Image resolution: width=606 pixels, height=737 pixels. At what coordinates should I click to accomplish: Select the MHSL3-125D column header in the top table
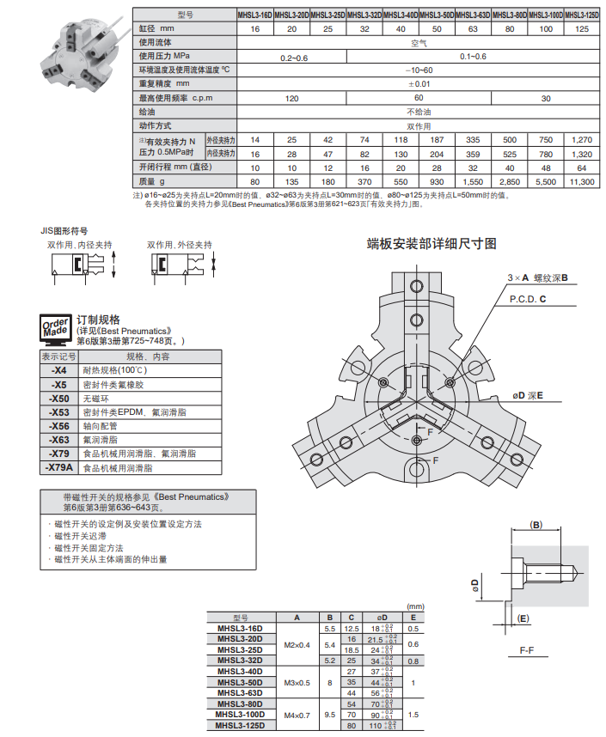(582, 15)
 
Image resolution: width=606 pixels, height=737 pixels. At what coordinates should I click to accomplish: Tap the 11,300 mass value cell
(582, 181)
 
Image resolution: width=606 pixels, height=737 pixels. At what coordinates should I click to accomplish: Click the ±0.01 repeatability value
(419, 84)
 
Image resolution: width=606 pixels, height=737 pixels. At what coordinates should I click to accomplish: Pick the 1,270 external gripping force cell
(582, 139)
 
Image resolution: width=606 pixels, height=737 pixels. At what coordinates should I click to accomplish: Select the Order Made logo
(57, 328)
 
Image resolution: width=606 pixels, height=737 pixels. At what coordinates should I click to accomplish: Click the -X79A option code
(58, 468)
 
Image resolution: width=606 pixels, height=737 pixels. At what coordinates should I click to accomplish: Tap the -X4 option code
(58, 370)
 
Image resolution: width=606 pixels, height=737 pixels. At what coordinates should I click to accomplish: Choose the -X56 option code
(58, 426)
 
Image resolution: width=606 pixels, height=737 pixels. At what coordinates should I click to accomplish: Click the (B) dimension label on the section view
(536, 524)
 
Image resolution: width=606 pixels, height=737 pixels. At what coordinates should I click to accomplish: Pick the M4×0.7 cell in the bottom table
(297, 714)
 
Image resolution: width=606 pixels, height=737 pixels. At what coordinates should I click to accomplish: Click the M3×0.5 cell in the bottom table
(297, 682)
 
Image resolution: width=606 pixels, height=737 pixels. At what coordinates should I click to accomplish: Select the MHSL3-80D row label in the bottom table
(241, 703)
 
